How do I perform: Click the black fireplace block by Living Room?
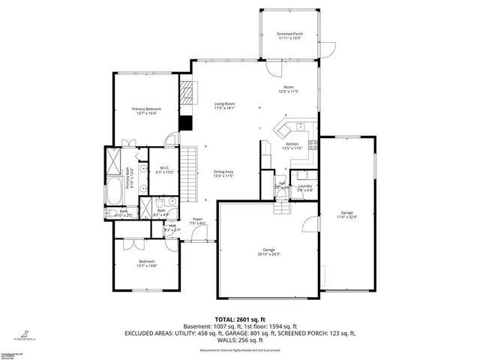coord(187,124)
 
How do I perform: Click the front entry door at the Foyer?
coord(198,238)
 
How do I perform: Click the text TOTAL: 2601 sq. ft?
coord(240,318)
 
